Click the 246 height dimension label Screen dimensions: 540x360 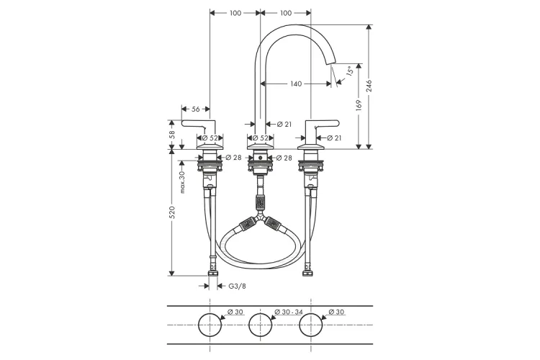[x=369, y=86]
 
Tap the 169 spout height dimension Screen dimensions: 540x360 [x=359, y=105]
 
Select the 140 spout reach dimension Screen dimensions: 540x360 [x=296, y=84]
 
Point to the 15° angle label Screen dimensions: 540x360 [x=349, y=71]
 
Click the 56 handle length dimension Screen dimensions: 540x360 [x=196, y=109]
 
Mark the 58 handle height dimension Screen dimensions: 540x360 [x=172, y=134]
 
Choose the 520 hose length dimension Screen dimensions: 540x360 [x=172, y=212]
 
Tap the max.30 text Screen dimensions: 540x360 [x=182, y=182]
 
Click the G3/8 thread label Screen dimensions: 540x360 [x=238, y=286]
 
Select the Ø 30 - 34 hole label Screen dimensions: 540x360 [x=289, y=312]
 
